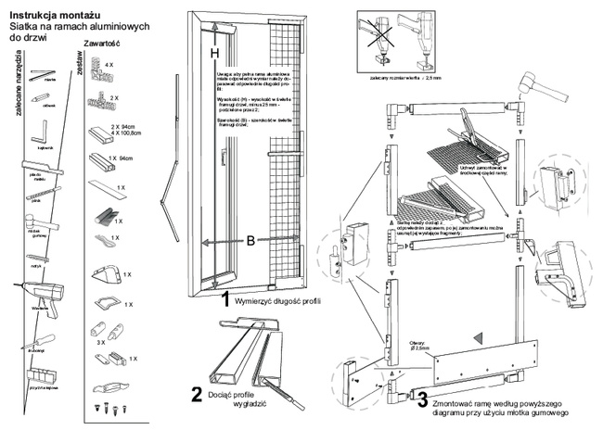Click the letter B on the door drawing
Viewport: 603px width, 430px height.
click(x=250, y=243)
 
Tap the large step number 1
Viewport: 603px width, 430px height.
click(x=225, y=298)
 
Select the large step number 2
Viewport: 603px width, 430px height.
click(x=197, y=394)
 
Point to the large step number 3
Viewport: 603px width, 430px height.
click(x=422, y=401)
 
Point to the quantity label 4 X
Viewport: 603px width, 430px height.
click(x=108, y=66)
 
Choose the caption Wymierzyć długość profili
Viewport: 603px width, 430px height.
click(x=277, y=301)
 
